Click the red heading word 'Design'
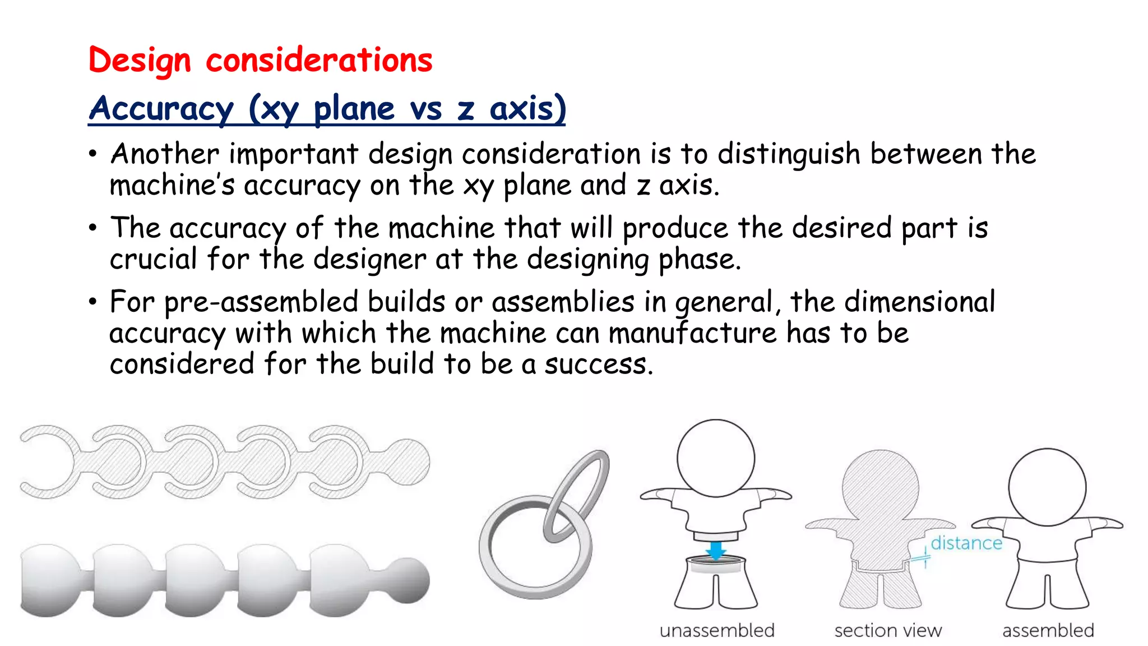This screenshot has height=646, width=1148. pyautogui.click(x=140, y=61)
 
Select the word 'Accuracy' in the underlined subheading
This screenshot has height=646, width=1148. pyautogui.click(x=161, y=108)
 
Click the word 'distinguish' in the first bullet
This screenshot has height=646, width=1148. pyautogui.click(x=789, y=154)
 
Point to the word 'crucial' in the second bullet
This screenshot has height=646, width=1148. pyautogui.click(x=153, y=259)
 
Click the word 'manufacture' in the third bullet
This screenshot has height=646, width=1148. pyautogui.click(x=692, y=333)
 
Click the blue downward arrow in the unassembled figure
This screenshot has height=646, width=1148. pyautogui.click(x=715, y=550)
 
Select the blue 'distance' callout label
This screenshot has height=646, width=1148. pyautogui.click(x=966, y=543)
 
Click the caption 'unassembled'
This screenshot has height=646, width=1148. pyautogui.click(x=717, y=630)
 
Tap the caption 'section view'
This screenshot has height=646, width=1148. pyautogui.click(x=888, y=630)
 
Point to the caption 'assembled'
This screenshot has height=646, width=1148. pyautogui.click(x=1048, y=630)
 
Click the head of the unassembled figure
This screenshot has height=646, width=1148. pyautogui.click(x=715, y=458)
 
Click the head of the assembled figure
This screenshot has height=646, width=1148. pyautogui.click(x=1047, y=487)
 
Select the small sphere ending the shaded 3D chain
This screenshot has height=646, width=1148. pyautogui.click(x=409, y=580)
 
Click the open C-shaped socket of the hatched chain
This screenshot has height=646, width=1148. pyautogui.click(x=45, y=462)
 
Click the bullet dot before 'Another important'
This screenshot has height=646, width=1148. pyautogui.click(x=93, y=154)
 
